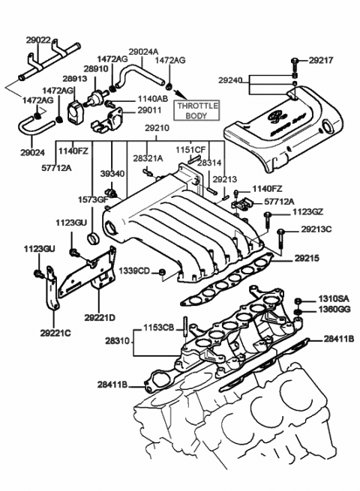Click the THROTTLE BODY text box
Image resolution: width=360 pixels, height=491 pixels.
(x=196, y=110)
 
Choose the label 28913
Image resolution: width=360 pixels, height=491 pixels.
(x=74, y=78)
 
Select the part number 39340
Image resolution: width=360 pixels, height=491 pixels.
(x=112, y=173)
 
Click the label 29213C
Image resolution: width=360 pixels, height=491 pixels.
(x=316, y=229)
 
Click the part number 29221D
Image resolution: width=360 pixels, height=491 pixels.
(x=100, y=319)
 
